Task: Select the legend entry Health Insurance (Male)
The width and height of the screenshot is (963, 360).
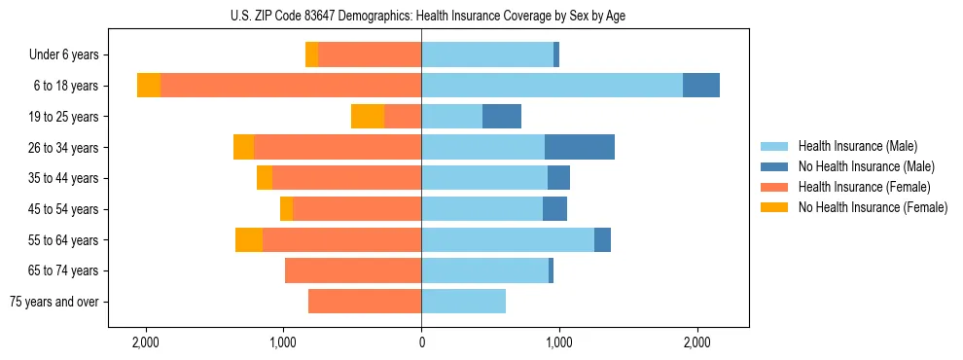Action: pos(857,146)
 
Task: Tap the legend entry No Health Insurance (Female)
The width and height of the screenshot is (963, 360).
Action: pos(873,207)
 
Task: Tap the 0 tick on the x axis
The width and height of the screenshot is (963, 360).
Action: pos(421,342)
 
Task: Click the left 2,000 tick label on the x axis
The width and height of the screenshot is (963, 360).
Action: pos(146,342)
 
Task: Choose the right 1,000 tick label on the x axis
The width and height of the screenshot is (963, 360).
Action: pos(559,342)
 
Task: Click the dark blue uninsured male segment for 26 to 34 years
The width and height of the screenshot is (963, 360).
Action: pos(580,147)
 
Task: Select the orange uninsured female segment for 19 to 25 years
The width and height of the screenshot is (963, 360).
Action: pos(368,117)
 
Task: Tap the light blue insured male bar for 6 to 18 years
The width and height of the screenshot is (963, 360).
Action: pos(552,86)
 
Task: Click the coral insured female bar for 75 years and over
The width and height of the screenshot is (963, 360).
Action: pos(365,302)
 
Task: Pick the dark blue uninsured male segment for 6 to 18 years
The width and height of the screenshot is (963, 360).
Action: pos(701,86)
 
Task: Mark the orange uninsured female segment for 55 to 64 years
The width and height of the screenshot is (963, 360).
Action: pos(249,239)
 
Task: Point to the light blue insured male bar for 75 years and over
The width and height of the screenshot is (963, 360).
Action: pos(463,302)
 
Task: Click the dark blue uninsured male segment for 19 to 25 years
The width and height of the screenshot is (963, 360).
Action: pos(502,117)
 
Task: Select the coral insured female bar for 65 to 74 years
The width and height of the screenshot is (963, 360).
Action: pos(353,270)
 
